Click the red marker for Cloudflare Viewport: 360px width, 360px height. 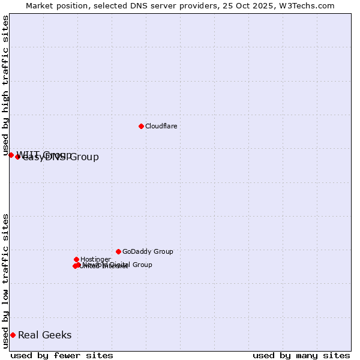point(141,126)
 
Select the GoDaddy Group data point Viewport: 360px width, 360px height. point(118,251)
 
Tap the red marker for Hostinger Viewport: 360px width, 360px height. point(76,259)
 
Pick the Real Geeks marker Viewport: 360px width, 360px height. point(13,335)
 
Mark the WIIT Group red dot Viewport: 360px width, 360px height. point(11,155)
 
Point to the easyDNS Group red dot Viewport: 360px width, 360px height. point(17,157)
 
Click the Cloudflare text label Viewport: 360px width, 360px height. point(161,126)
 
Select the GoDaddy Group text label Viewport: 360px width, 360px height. point(148,251)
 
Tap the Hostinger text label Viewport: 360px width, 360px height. point(95,259)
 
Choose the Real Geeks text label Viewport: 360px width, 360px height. point(44,335)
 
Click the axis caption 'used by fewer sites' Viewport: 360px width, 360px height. point(62,355)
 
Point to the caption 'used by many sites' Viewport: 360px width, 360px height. point(301,355)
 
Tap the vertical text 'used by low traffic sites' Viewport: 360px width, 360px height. point(6,280)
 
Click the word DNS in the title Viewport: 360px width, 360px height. point(135,5)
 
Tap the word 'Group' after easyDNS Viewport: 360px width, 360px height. point(84,157)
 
